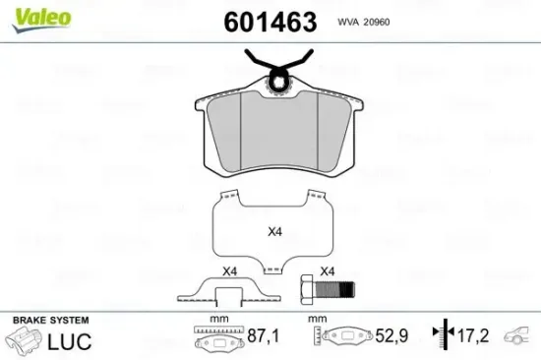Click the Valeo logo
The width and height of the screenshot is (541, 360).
point(41,20)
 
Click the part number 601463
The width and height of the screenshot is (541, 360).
point(270,22)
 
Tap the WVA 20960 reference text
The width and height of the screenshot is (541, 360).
point(364,22)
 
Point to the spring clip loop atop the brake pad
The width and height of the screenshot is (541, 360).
point(277,82)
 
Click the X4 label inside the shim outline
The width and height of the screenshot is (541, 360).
point(275,231)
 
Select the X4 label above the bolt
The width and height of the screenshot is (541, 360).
point(328,271)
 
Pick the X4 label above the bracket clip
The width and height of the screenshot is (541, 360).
point(230,271)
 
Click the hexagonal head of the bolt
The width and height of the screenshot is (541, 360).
point(306,289)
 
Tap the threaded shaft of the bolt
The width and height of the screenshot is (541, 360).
point(333,290)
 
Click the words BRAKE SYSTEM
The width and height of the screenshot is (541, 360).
point(51,321)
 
